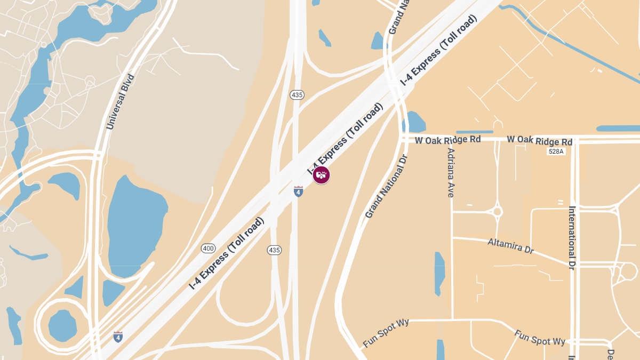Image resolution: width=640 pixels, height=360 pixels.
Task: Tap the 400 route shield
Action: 208,248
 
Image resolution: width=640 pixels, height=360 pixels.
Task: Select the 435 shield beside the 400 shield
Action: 274,250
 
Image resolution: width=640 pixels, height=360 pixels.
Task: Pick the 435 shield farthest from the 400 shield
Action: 297,95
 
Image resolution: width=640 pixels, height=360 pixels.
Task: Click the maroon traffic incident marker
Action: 321,174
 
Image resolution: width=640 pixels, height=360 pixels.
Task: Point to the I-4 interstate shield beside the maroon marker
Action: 298,191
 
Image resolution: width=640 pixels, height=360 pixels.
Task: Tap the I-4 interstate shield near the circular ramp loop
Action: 118,337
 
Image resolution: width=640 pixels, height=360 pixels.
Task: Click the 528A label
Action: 555,151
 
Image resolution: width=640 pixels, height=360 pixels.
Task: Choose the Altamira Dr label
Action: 510,246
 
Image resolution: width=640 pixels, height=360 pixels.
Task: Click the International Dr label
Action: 572,237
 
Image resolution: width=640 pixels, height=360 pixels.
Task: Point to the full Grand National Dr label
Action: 386,186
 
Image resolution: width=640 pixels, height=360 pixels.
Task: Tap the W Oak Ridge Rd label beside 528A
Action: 539,140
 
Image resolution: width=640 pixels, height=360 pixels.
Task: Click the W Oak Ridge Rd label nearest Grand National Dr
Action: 448,140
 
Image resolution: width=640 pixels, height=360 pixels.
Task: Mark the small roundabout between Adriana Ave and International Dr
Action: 497,212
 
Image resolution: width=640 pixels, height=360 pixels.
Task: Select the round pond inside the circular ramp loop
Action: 62,323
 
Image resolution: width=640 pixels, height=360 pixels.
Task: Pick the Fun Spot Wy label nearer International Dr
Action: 540,338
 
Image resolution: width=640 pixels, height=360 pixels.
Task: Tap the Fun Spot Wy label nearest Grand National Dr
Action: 386,333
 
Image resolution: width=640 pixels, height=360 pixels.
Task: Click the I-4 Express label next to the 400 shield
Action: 227,254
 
